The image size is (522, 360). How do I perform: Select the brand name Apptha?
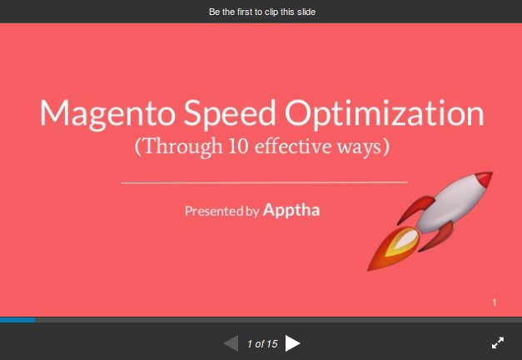coord(291,210)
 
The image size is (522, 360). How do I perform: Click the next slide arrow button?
coord(292,342)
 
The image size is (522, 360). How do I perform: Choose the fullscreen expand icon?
coord(498,342)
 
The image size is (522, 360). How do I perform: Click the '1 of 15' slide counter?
coord(261,343)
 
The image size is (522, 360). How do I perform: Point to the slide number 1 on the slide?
coord(494,303)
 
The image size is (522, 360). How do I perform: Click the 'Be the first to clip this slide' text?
coord(261,12)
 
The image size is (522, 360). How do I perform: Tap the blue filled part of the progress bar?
coord(17,319)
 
